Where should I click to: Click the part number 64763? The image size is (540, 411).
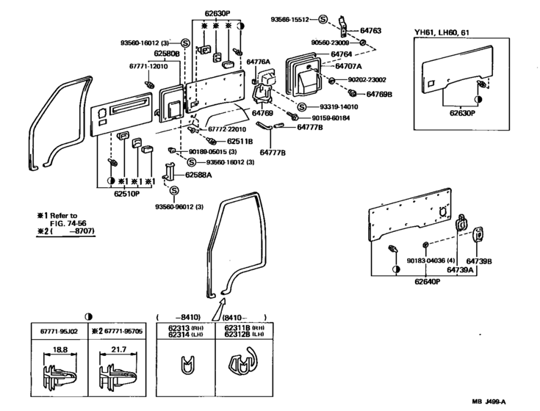coord(372,31)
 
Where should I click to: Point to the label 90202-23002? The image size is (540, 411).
coord(369,80)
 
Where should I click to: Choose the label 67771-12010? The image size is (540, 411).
coord(150,66)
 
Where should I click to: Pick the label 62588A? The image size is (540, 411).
coord(198,175)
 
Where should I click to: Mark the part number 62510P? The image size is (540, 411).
coord(126,195)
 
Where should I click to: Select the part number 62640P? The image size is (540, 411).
coord(427,281)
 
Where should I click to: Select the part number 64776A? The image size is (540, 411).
coord(259,62)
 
